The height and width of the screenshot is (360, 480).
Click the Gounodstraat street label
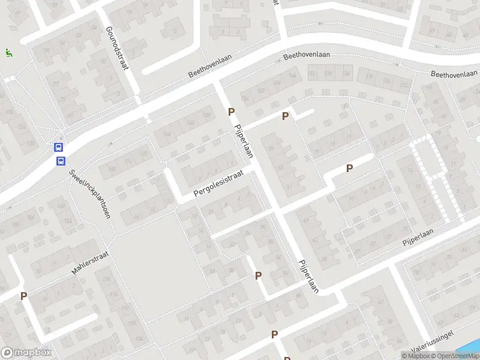tap(117, 49)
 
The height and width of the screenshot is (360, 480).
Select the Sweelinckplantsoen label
tap(89, 193)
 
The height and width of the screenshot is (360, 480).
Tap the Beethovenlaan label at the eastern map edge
tap(455, 74)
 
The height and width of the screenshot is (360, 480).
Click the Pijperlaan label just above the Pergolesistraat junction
tap(242, 142)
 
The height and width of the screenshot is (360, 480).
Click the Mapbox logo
tap(26, 353)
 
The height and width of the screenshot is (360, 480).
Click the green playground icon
tap(8, 53)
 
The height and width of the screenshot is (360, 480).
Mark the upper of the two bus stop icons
tap(59, 147)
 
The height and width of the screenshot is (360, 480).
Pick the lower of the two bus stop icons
tap(61, 160)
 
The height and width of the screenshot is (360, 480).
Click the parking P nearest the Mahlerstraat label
tap(23, 296)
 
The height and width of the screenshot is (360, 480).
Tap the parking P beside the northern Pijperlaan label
tap(231, 112)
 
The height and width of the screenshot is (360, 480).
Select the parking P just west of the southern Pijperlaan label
tap(259, 276)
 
